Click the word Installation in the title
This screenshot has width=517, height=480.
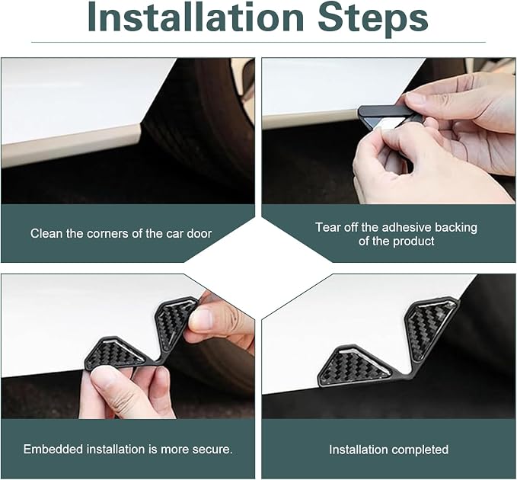[x=196, y=18]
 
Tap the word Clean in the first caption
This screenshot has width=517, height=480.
[x=46, y=233]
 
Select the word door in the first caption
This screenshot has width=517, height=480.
[x=199, y=233]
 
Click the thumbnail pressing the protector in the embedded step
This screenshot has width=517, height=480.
[x=202, y=319]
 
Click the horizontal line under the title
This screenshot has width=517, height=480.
[x=259, y=42]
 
